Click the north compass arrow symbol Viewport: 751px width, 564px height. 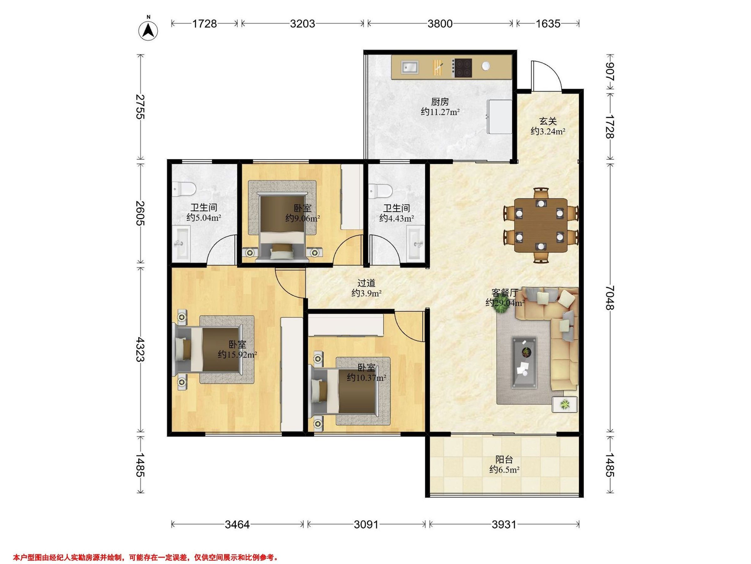(x=148, y=31)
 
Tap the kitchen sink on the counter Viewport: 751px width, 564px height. (x=410, y=67)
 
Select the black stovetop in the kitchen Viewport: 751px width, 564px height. (x=463, y=68)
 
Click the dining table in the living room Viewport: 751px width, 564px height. (x=541, y=225)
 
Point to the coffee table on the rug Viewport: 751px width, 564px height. (x=524, y=362)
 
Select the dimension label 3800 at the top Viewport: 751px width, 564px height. (x=440, y=23)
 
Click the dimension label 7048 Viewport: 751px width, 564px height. (x=610, y=297)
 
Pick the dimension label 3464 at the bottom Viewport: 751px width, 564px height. (x=237, y=525)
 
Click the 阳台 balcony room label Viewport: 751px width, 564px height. (x=504, y=460)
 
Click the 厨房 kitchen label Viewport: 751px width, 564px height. (x=440, y=102)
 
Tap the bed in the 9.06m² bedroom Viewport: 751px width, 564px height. (x=282, y=227)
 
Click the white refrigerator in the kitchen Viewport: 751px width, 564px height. (x=499, y=117)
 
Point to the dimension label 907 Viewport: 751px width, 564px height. (x=610, y=72)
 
